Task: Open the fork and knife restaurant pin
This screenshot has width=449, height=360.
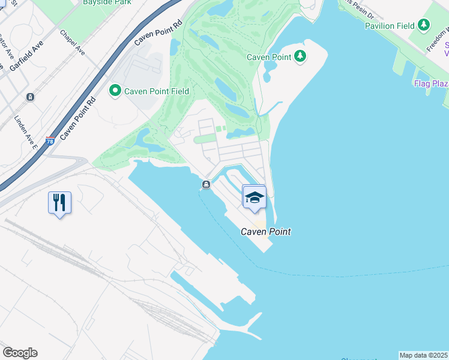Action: point(59,202)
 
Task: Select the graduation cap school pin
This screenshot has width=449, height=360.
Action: point(254,196)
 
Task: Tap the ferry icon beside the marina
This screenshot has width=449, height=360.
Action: point(206,185)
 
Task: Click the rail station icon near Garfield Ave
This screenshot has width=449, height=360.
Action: point(30,97)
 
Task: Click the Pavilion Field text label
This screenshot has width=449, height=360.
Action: point(389,26)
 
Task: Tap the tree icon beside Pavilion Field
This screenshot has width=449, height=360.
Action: point(424,25)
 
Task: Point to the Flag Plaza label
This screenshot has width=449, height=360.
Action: point(430,83)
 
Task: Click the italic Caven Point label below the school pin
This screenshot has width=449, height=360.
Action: point(266,231)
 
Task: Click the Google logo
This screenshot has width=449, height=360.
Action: point(20,353)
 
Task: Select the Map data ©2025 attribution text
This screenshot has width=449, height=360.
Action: point(424,355)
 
